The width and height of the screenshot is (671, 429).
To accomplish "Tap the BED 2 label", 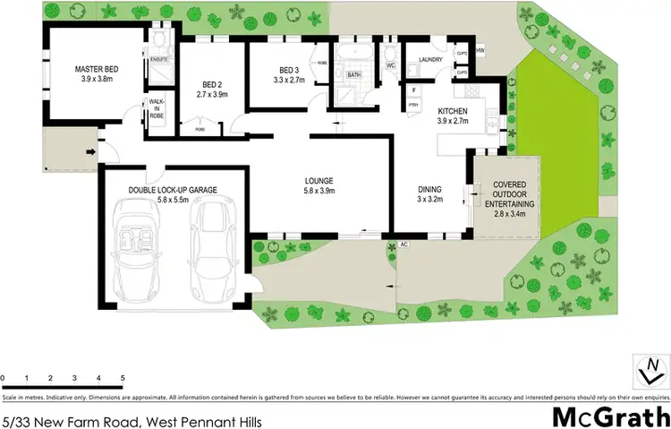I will [211, 86].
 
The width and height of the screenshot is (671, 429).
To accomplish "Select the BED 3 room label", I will [287, 71].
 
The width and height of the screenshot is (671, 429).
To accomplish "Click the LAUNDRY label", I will [431, 61].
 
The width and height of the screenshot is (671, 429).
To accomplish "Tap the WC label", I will [391, 66].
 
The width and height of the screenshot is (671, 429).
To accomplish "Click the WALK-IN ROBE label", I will [157, 108].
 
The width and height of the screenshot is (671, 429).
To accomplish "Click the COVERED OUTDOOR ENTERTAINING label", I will [508, 194].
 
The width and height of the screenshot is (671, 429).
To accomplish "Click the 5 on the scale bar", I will [122, 379].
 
